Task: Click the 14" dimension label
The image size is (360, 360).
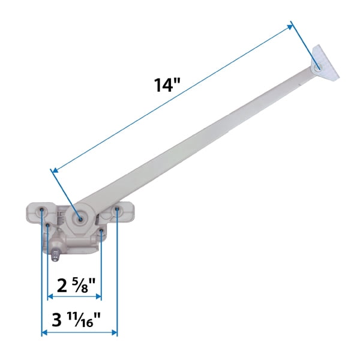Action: [x=167, y=84]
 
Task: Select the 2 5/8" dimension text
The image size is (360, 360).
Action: [x=73, y=284]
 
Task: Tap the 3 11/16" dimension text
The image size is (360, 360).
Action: [x=79, y=320]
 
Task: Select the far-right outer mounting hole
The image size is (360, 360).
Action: [x=117, y=211]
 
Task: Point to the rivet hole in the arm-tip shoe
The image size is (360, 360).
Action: [x=316, y=69]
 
